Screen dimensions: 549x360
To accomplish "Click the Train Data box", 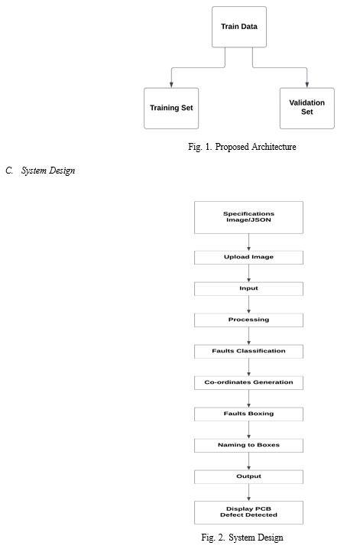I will (238, 27).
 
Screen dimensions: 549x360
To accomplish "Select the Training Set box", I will (171, 108).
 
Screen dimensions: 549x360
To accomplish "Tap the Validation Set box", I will (306, 108).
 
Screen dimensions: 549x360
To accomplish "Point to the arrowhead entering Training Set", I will (171, 83).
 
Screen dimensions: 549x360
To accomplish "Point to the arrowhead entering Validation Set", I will (306, 83).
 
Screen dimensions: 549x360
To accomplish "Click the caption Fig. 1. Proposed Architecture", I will (242, 147).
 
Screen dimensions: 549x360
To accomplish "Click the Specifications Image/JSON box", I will (248, 217).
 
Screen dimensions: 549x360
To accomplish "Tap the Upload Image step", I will (248, 257).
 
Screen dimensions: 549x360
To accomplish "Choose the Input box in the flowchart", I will (248, 288).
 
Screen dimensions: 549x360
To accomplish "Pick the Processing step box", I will (248, 320).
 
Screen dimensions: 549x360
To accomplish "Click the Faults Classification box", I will (248, 351).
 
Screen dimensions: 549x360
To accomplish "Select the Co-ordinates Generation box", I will (248, 382).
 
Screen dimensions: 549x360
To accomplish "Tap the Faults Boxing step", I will (248, 414).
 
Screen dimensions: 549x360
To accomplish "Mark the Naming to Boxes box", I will (248, 444).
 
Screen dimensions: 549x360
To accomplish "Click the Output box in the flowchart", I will (248, 476).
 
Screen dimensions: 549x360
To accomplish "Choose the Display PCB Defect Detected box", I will (248, 512).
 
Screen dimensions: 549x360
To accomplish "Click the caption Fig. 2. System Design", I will (242, 538).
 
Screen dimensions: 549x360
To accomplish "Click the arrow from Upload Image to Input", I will (248, 273).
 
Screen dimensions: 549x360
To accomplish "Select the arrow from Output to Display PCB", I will (248, 492).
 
